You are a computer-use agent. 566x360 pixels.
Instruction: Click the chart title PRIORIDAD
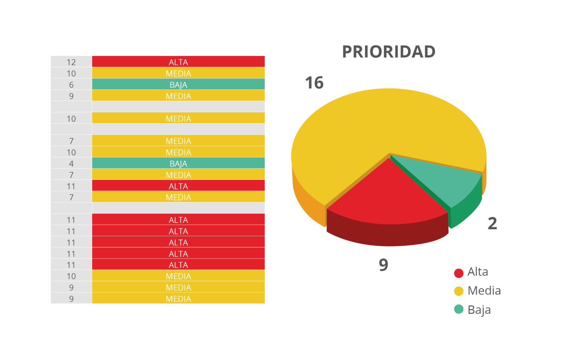tap(389, 52)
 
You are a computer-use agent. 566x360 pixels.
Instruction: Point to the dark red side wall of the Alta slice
tap(387, 234)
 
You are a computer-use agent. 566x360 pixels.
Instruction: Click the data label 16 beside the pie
tap(314, 83)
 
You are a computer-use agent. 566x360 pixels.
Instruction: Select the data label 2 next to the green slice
tap(492, 224)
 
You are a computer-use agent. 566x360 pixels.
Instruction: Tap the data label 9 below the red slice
tap(384, 265)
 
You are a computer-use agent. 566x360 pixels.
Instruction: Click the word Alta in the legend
tap(478, 272)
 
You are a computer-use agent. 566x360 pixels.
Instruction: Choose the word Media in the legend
tap(484, 291)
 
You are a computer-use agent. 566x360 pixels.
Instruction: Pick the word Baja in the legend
tap(479, 310)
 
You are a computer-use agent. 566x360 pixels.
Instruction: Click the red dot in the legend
tap(459, 273)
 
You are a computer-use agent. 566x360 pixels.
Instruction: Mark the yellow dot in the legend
tap(459, 291)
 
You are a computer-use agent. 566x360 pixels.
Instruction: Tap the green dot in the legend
tap(459, 309)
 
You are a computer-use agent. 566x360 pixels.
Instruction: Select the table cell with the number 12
tap(71, 62)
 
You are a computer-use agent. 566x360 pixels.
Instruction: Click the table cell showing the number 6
tap(71, 85)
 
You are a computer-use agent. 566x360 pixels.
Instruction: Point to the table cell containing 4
tap(71, 164)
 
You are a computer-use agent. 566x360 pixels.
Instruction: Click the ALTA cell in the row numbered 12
tap(178, 62)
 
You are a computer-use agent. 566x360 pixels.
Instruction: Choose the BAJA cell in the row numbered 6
tap(178, 85)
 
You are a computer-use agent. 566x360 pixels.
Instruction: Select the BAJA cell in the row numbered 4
tap(178, 164)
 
